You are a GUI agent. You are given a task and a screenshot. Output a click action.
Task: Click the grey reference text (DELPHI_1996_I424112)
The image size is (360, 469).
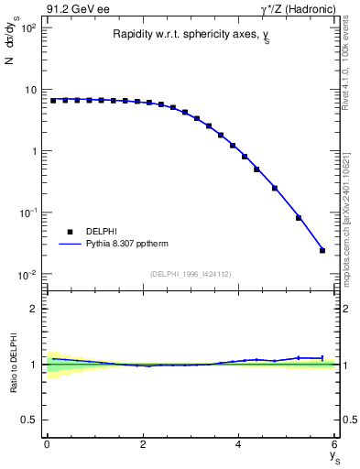tap(191, 272)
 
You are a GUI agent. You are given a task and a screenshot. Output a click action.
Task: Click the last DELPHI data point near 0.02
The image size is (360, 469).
tap(322, 250)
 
